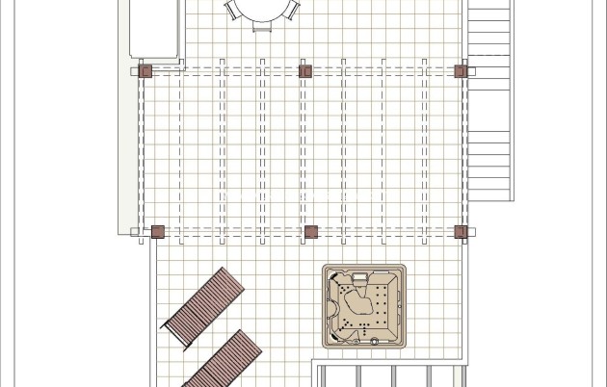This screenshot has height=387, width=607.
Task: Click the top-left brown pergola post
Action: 145,70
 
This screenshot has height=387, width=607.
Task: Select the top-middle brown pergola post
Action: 305,70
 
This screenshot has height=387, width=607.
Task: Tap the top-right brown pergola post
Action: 461,70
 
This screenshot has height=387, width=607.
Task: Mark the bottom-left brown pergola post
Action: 157,231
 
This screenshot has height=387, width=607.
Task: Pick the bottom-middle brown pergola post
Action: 310,231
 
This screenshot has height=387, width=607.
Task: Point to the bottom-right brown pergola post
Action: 461,231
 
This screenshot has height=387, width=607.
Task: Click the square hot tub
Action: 363,306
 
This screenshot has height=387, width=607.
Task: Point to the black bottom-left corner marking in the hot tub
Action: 334,334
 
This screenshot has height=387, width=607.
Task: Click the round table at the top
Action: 262,9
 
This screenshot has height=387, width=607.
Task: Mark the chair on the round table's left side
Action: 232,9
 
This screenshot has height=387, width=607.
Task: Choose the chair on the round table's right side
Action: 292,9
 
